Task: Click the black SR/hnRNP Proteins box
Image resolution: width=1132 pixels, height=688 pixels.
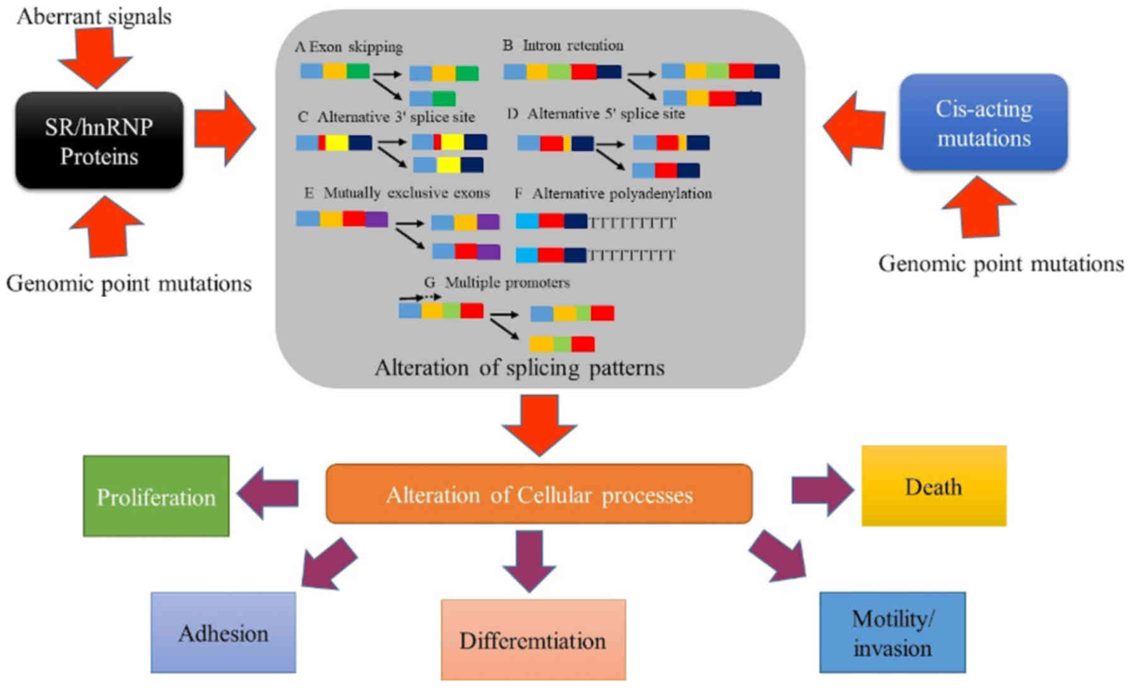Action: (x=99, y=141)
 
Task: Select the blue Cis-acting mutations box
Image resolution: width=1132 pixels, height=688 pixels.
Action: (x=983, y=123)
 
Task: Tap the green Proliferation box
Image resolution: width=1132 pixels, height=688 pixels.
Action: (x=156, y=497)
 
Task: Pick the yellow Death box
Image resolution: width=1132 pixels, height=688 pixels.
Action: (x=933, y=486)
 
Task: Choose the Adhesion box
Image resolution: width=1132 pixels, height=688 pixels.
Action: (x=223, y=632)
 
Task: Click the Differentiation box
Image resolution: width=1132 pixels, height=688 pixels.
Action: (x=533, y=639)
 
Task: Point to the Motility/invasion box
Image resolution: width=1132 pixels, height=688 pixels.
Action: (x=892, y=632)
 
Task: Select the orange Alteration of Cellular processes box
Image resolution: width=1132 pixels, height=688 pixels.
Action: (x=539, y=494)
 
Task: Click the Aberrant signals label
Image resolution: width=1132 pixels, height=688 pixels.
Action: (x=94, y=16)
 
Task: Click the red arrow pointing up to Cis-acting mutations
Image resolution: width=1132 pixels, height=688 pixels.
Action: (x=979, y=206)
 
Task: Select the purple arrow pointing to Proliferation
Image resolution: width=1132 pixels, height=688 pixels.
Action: (x=267, y=492)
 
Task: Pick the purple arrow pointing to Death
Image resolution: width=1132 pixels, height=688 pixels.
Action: (x=822, y=490)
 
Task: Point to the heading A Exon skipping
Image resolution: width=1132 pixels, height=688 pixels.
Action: (x=349, y=47)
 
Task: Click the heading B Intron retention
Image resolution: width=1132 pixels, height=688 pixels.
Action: (x=563, y=45)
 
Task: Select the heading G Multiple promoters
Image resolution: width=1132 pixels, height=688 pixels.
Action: (x=497, y=282)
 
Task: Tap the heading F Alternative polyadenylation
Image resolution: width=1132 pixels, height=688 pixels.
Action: (x=613, y=193)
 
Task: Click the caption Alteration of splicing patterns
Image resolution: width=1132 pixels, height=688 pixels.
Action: (x=520, y=367)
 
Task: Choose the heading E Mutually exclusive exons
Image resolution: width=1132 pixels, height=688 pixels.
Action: (x=397, y=193)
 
